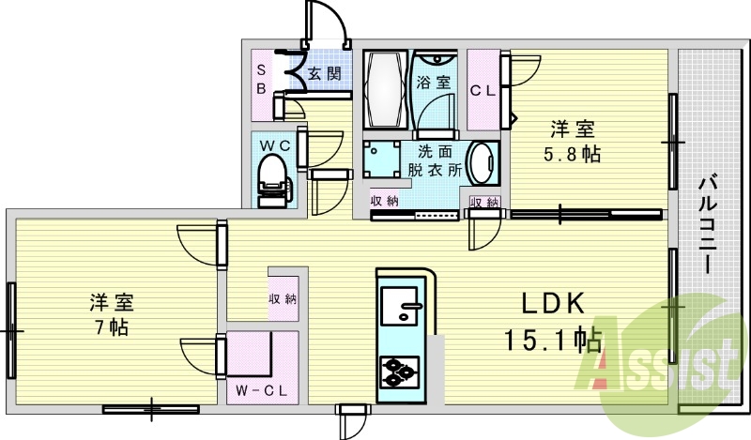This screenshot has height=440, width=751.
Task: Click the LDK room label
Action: click(x=554, y=304)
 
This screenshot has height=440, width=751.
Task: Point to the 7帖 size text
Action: click(x=112, y=327)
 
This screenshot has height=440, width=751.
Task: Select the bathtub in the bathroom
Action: click(x=383, y=90)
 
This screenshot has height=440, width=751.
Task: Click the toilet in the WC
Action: click(x=272, y=177)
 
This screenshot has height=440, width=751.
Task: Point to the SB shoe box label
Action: click(x=263, y=80)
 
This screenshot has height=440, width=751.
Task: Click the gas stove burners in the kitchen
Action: click(x=401, y=370)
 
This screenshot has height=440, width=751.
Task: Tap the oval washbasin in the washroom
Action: click(x=482, y=165)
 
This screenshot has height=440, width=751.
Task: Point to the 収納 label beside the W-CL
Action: click(x=283, y=300)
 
